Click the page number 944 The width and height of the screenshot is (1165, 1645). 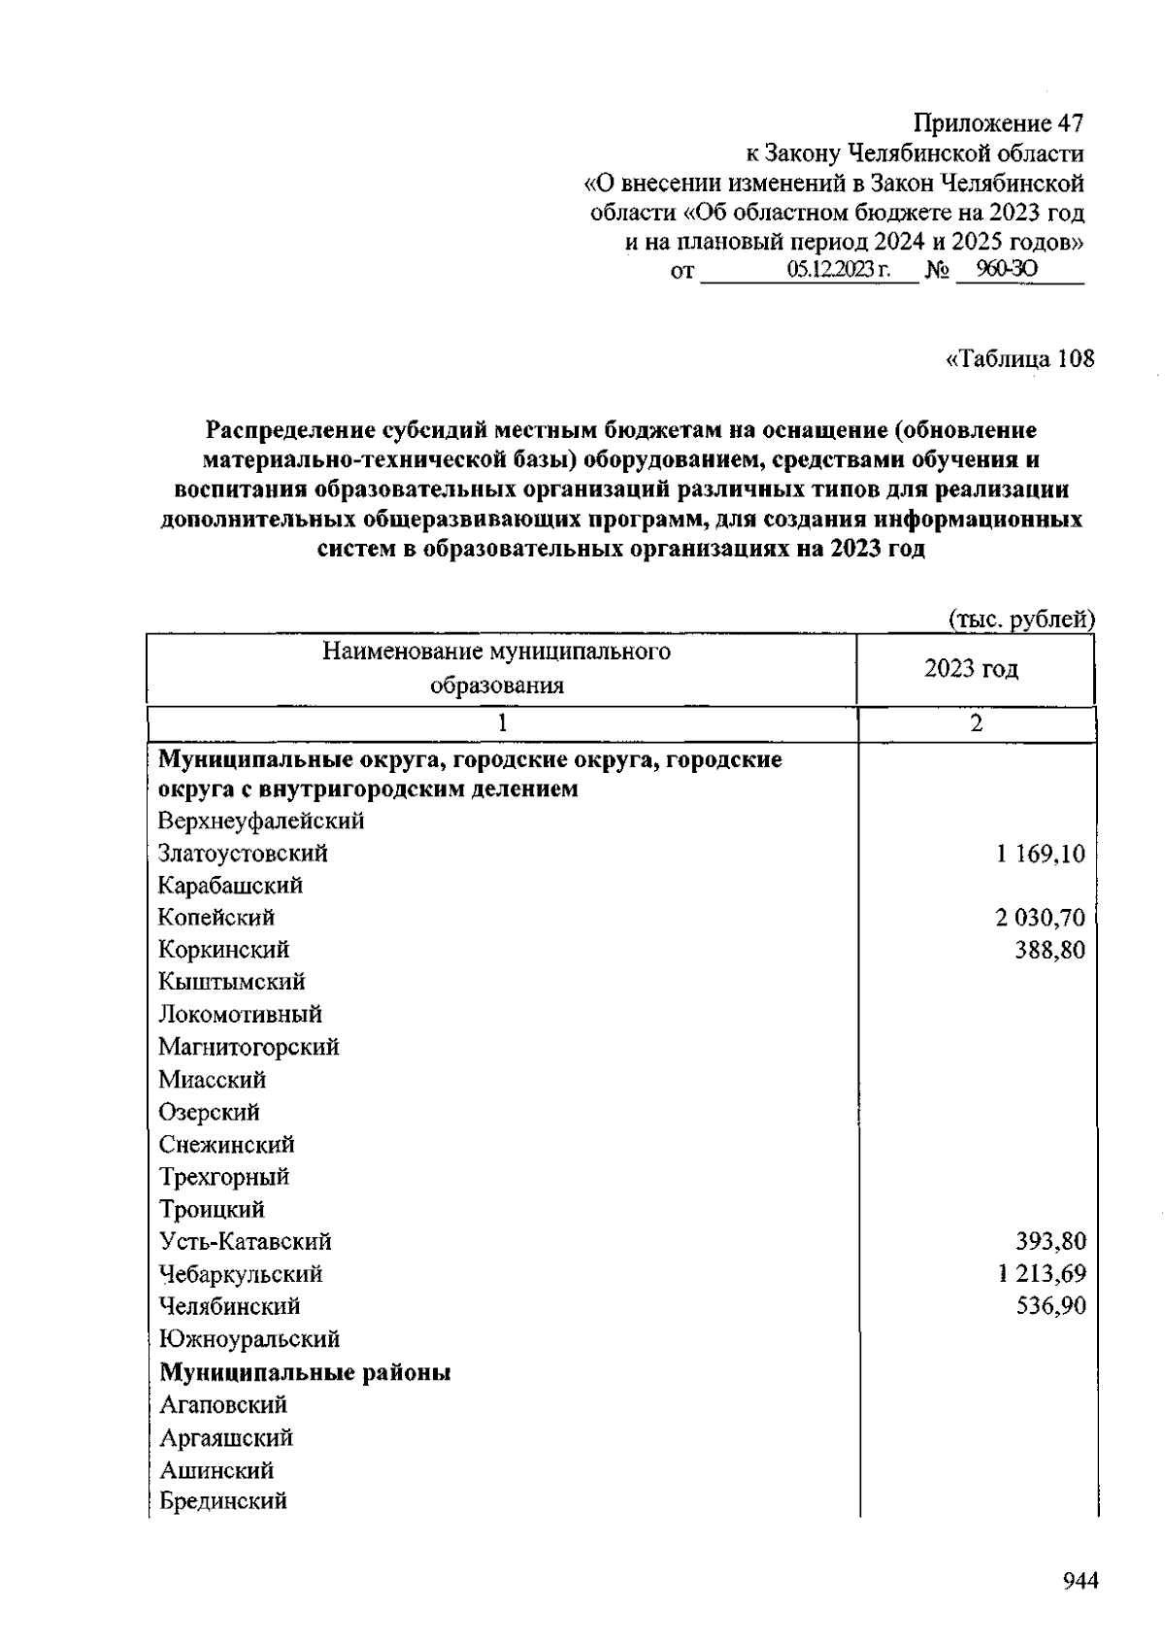click(1080, 1582)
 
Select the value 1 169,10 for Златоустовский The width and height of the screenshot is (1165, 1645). click(1040, 854)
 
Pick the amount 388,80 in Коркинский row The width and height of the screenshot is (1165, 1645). click(1049, 950)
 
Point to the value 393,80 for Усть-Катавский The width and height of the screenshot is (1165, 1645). click(1050, 1242)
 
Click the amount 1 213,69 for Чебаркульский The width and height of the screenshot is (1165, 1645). click(1041, 1274)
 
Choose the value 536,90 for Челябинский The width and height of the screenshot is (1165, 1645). click(1050, 1306)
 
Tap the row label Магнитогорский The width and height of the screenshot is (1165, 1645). click(250, 1048)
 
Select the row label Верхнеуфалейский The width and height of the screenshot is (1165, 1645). click(262, 822)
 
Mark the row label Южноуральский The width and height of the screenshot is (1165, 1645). click(250, 1340)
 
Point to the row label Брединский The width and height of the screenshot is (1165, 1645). click(223, 1501)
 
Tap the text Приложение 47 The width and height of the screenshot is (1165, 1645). click(997, 124)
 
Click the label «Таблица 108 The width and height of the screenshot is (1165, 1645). click(1019, 359)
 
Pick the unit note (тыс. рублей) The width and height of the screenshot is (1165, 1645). click(1020, 619)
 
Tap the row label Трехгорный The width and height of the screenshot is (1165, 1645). click(224, 1177)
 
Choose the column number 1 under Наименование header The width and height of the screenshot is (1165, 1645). click(502, 723)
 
